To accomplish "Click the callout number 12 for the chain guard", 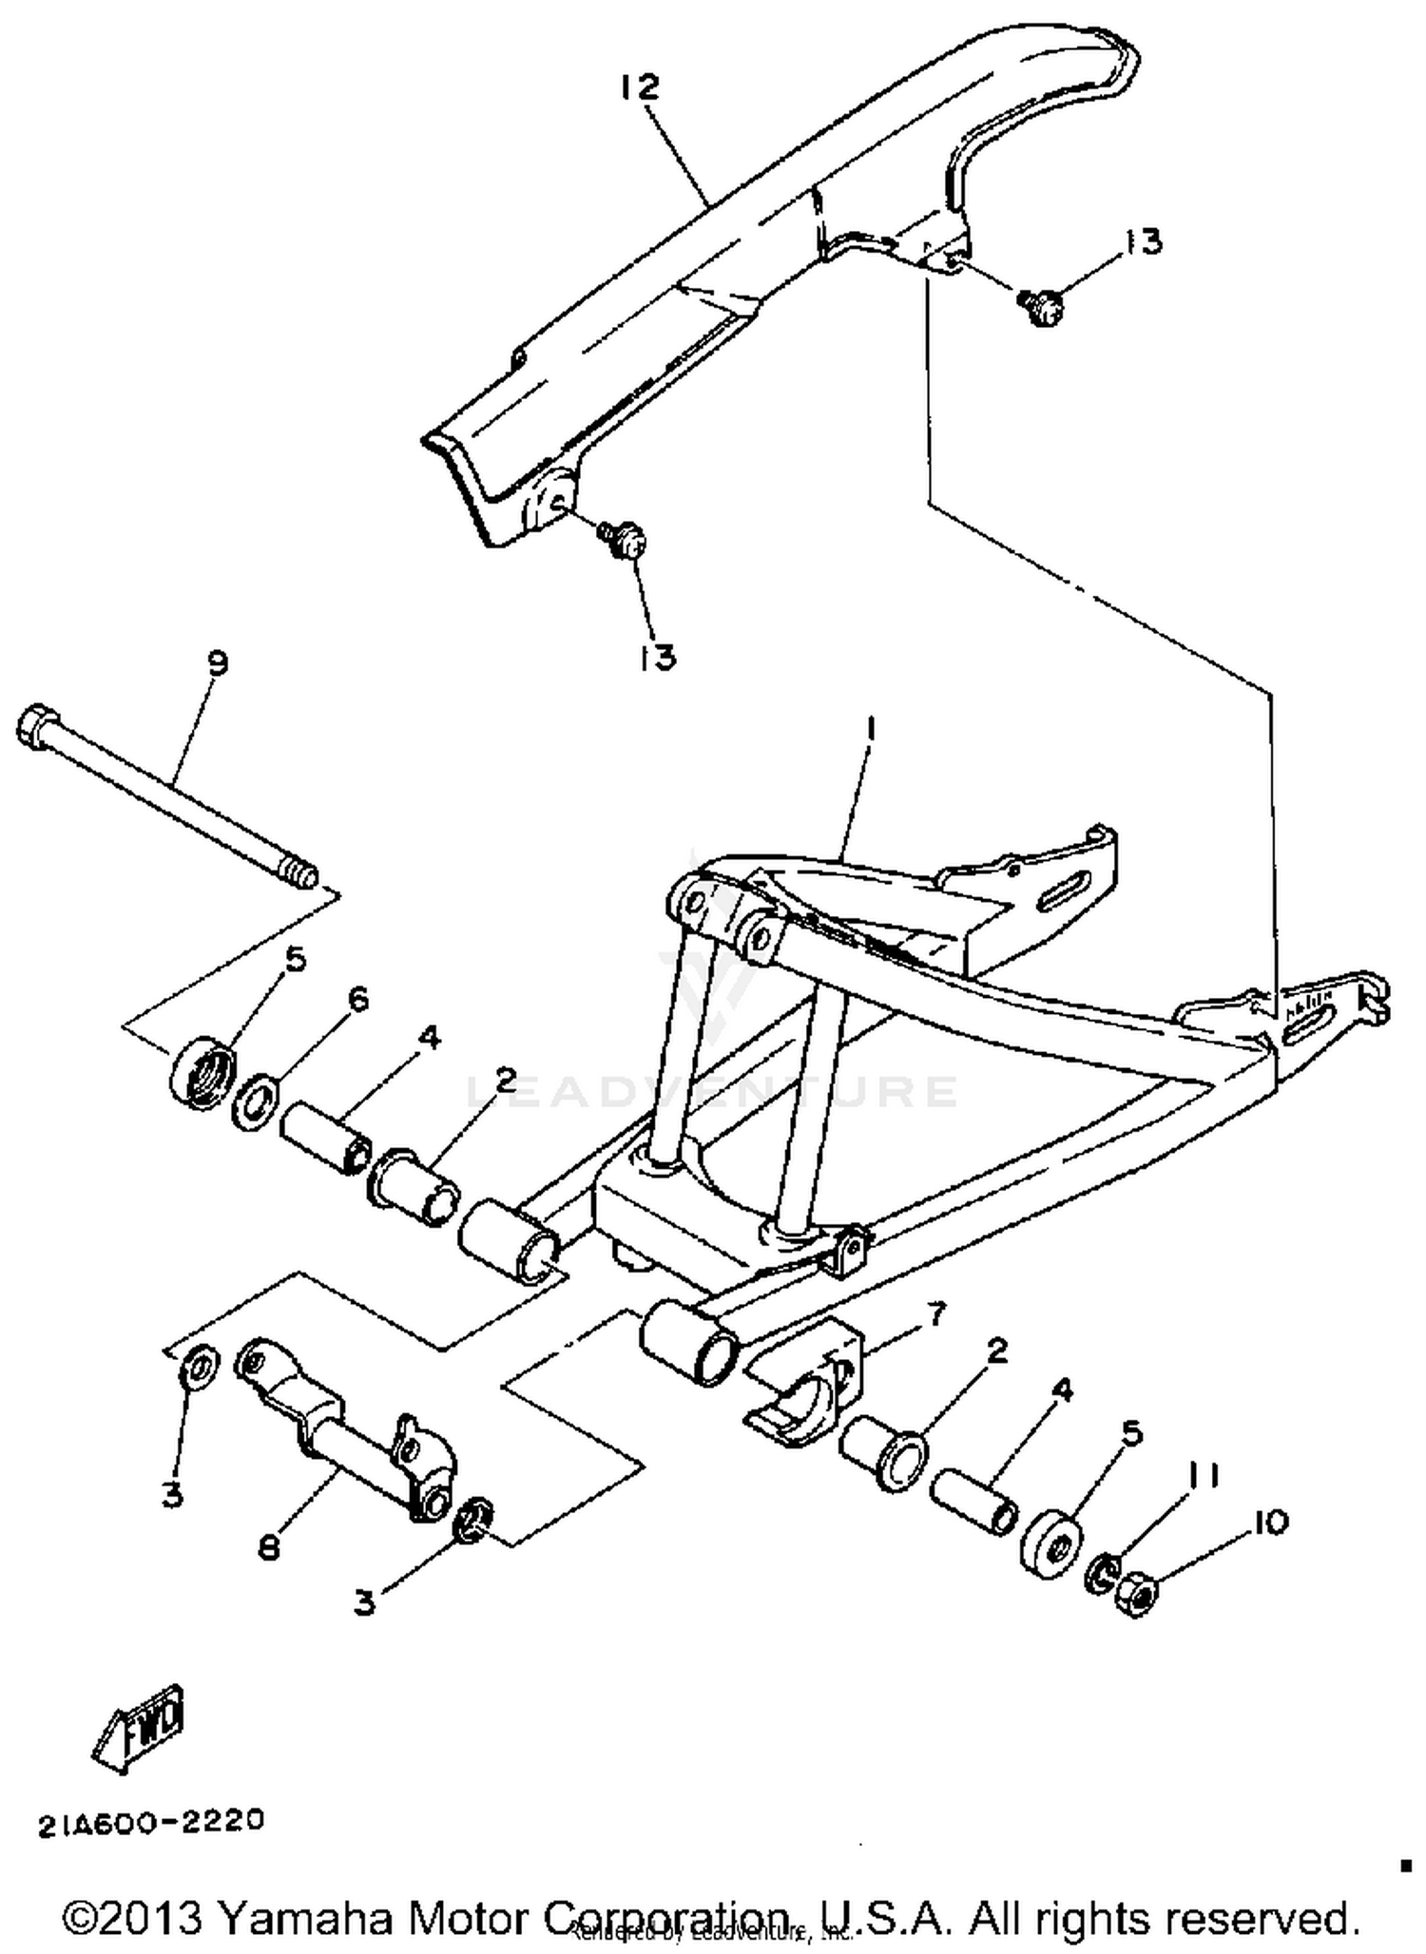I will tap(639, 87).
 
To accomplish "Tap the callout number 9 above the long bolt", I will tap(218, 662).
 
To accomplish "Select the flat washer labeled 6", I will tap(255, 1102).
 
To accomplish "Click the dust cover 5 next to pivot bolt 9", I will tap(202, 1072).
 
